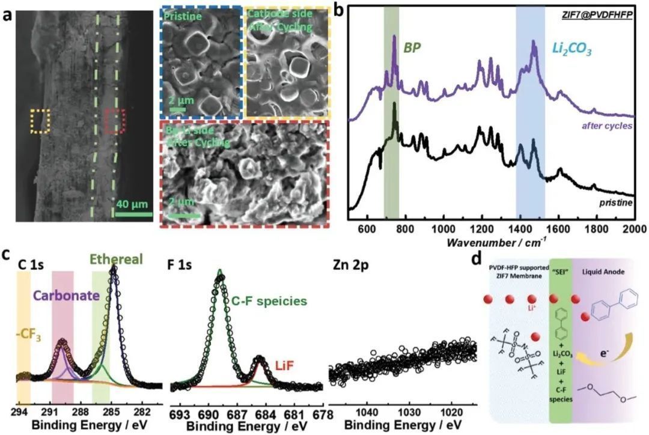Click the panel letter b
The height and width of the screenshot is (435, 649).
click(338, 10)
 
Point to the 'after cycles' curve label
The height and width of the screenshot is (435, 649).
click(608, 126)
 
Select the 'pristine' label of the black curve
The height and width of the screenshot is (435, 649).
click(616, 203)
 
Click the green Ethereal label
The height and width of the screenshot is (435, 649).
click(116, 260)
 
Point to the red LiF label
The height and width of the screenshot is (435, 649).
click(285, 366)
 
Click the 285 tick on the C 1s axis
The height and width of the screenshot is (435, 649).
click(112, 412)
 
